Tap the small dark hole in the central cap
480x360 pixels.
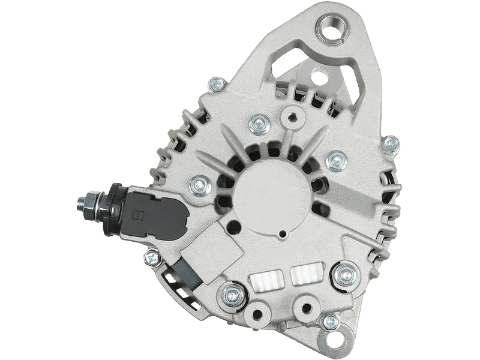(x=283, y=234)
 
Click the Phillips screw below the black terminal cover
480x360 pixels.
(x=152, y=259)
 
